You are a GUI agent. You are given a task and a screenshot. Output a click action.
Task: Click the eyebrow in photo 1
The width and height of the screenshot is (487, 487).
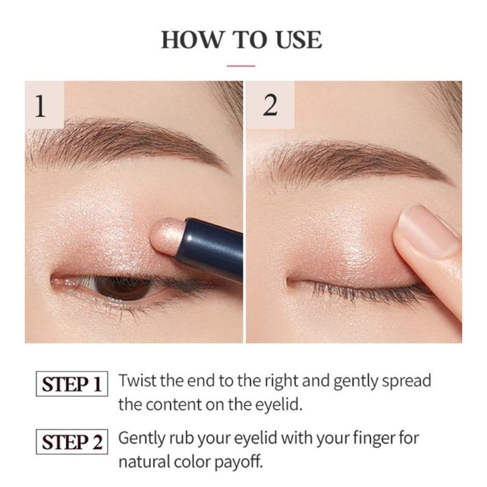[x=122, y=139]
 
